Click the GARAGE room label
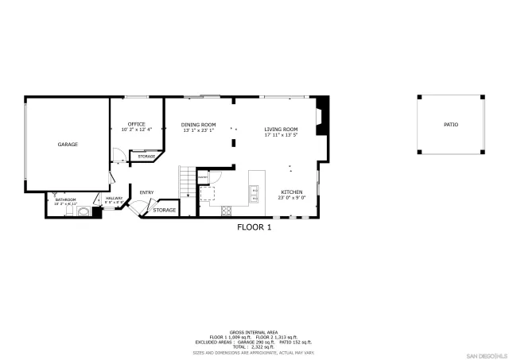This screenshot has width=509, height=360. [67, 145]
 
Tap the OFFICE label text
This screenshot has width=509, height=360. [137, 124]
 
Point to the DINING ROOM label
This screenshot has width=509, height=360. [198, 124]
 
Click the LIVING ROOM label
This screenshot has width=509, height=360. [281, 129]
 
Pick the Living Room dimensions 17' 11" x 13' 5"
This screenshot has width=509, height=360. [281, 134]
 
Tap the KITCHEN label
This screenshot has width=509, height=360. [291, 192]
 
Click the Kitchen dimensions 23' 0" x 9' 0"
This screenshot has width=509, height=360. [292, 198]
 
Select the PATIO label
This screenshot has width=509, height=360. [451, 125]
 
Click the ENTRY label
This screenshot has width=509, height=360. [146, 192]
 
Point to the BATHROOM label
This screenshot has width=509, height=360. [65, 199]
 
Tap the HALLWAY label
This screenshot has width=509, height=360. [114, 198]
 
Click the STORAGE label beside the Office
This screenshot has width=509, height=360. [146, 157]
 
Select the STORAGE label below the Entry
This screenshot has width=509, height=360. [165, 210]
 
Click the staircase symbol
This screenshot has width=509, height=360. [187, 184]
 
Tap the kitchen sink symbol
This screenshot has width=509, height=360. [254, 191]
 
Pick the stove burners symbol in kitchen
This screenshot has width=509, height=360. [226, 211]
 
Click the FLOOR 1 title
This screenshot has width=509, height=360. [254, 227]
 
